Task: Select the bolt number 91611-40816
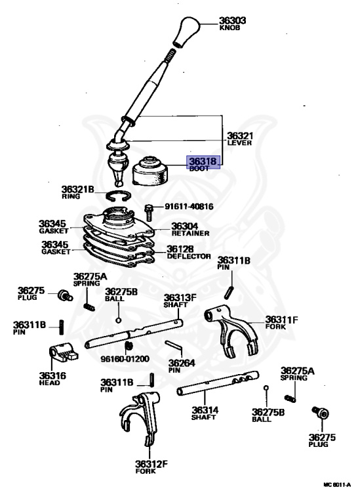click(189, 206)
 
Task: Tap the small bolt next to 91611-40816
click(149, 212)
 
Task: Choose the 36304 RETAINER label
click(190, 229)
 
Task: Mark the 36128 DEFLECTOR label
click(189, 252)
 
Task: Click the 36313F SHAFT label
click(180, 300)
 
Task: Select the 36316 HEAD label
click(50, 378)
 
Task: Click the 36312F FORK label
click(151, 467)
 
